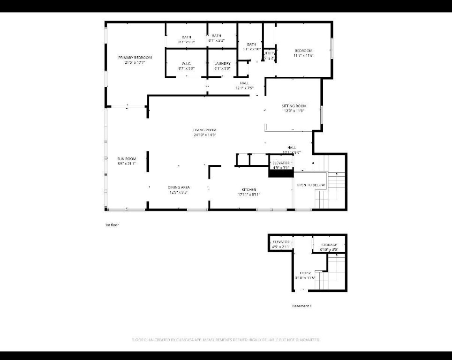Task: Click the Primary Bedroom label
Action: pyautogui.click(x=135, y=58)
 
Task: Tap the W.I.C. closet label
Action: pyautogui.click(x=186, y=64)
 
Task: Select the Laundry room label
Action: pyautogui.click(x=222, y=64)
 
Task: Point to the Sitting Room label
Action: pyautogui.click(x=294, y=106)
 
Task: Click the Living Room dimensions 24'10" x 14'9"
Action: pyautogui.click(x=204, y=135)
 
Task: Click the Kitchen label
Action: pyautogui.click(x=249, y=189)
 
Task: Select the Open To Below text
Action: pyautogui.click(x=310, y=185)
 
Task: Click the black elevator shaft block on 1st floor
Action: pyautogui.click(x=280, y=173)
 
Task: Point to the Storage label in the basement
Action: pyautogui.click(x=329, y=245)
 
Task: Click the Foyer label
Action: pyautogui.click(x=305, y=273)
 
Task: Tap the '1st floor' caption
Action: pyautogui.click(x=112, y=225)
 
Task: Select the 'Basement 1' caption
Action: pyautogui.click(x=301, y=306)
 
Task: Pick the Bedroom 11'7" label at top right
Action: pyautogui.click(x=303, y=51)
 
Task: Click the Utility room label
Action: pyautogui.click(x=269, y=53)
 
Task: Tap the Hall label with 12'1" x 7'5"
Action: pyautogui.click(x=244, y=83)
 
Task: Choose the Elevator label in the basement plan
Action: pyautogui.click(x=281, y=242)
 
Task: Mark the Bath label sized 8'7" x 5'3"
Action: pyautogui.click(x=186, y=37)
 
